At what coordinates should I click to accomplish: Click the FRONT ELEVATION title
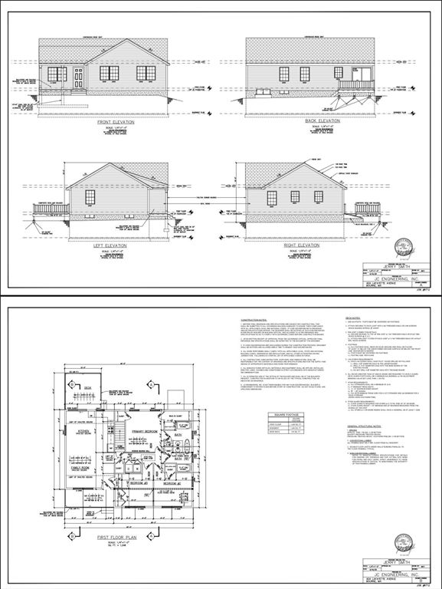coord(111,121)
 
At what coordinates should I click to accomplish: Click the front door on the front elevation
coord(78,78)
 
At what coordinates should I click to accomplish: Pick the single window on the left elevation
coord(90,198)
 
